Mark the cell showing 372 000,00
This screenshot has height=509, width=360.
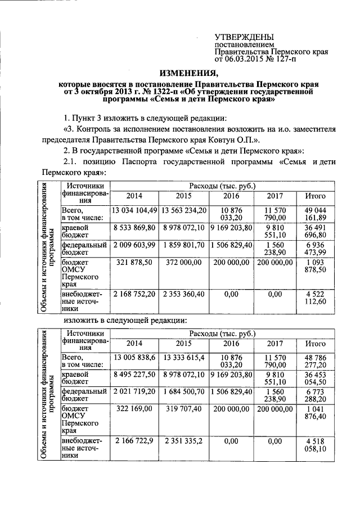point(183,263)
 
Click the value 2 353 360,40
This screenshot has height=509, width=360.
point(183,294)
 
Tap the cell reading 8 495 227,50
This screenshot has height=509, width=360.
point(134,375)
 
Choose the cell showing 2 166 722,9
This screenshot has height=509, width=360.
point(134,440)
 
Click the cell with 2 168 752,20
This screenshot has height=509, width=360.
point(134,294)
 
